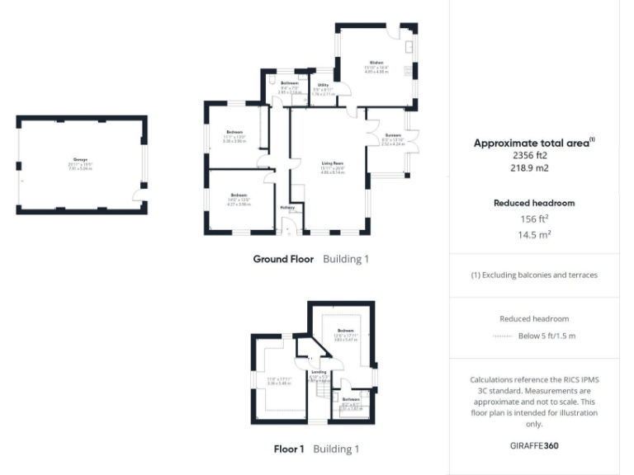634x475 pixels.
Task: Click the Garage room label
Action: [x=80, y=158]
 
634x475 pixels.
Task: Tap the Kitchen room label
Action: [x=376, y=62]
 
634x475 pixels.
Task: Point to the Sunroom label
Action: [x=391, y=135]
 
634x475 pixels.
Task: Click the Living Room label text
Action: [x=332, y=162]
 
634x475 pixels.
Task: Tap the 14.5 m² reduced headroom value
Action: [x=534, y=234]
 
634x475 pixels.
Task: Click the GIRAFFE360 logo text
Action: [x=534, y=444]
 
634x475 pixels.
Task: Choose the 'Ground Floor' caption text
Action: [x=283, y=259]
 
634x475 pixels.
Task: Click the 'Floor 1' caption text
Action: [x=289, y=449]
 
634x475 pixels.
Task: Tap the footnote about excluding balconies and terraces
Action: [x=534, y=275]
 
